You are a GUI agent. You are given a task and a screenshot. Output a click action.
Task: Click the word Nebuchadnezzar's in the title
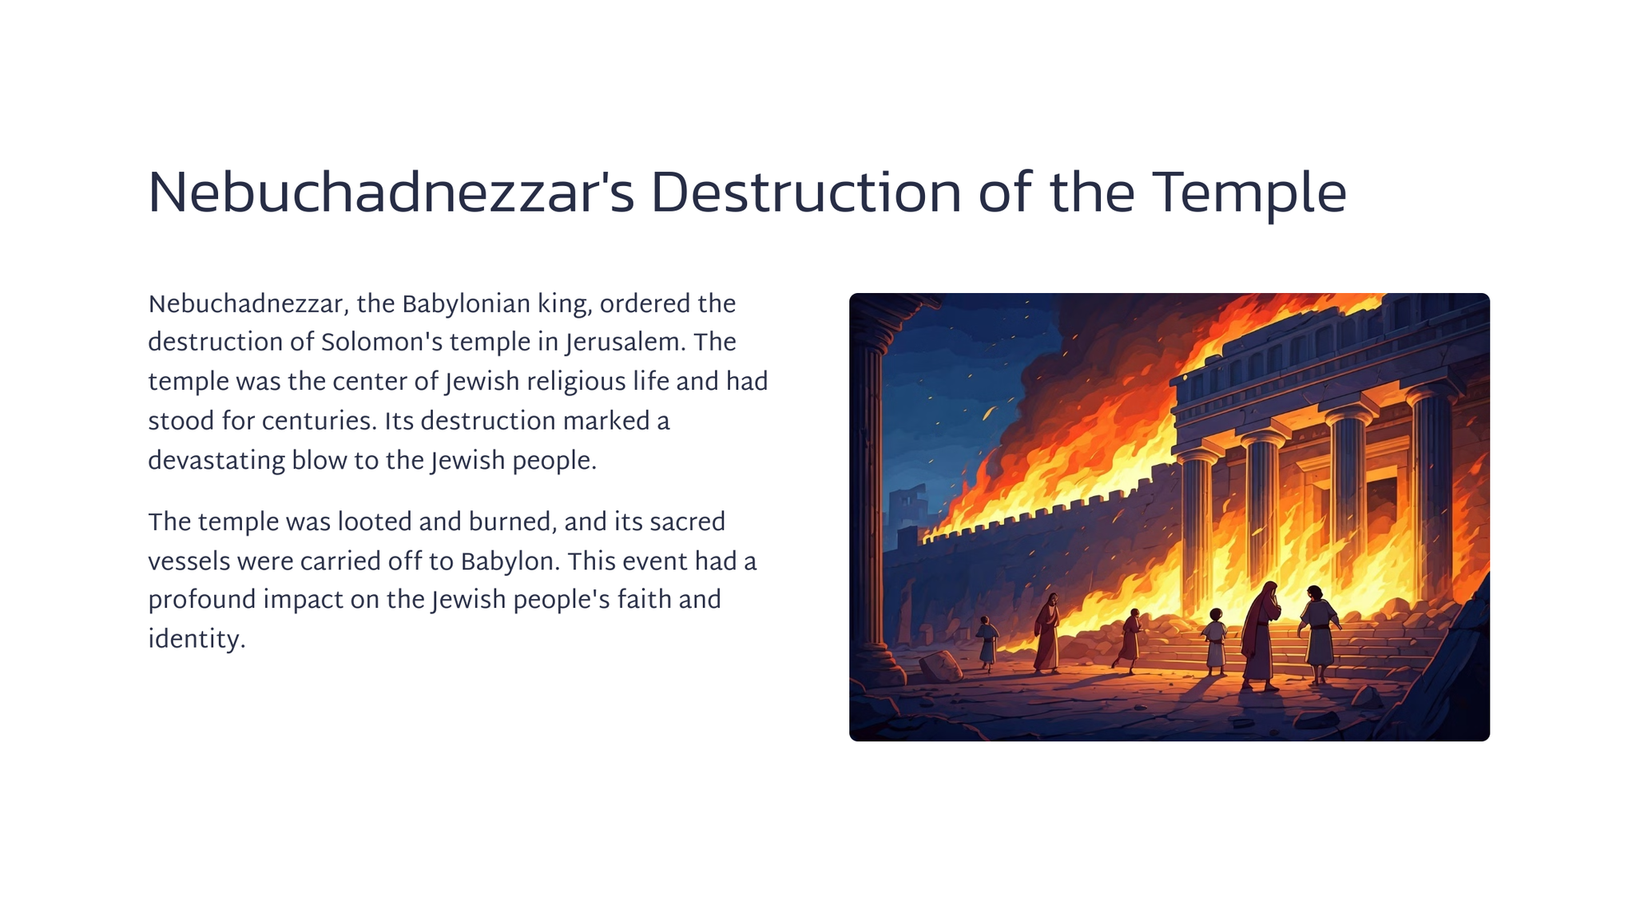click(391, 194)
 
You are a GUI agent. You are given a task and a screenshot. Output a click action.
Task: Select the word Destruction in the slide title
click(807, 194)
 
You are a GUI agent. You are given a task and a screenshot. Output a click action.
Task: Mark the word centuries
click(319, 422)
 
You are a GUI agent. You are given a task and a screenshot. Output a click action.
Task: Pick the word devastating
click(216, 462)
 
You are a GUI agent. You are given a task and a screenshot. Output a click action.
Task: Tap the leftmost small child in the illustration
click(987, 643)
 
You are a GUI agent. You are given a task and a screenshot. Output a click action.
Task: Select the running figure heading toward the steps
click(1129, 640)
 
